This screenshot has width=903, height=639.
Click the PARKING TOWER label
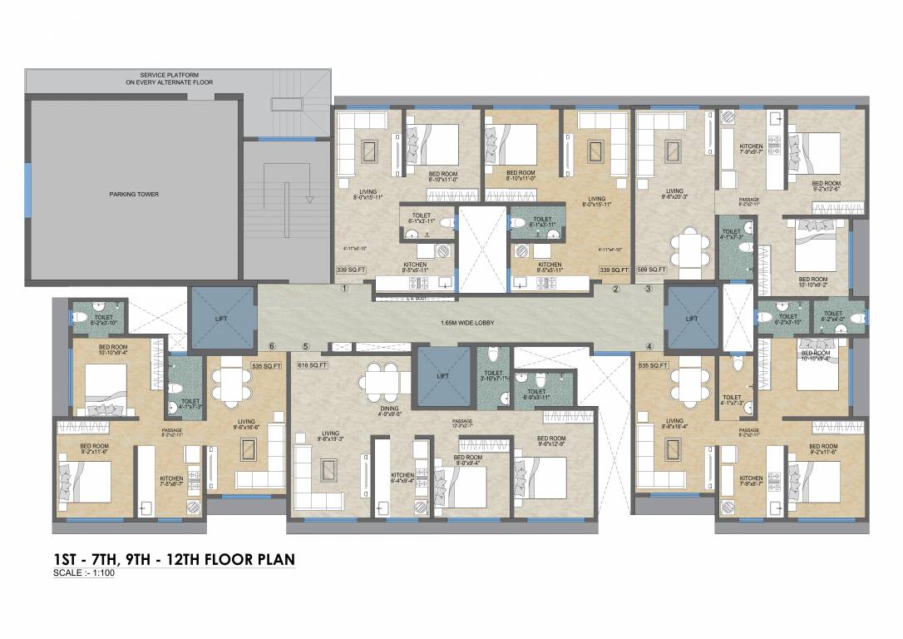[x=133, y=194]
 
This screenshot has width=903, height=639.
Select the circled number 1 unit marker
[x=343, y=290]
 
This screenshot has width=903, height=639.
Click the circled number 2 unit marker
[x=616, y=290]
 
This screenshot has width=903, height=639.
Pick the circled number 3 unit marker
[x=649, y=290]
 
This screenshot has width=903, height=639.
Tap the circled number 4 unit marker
[x=649, y=345]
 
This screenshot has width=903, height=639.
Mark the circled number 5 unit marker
[x=305, y=346]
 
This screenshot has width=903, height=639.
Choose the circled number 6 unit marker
[x=271, y=346]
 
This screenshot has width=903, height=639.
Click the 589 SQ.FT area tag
[x=652, y=270]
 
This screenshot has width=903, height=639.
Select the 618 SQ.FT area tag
[x=312, y=364]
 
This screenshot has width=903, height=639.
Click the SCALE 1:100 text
[x=82, y=574]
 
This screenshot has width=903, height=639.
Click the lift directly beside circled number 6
[x=222, y=317]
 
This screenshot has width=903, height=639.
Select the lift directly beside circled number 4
[x=692, y=317]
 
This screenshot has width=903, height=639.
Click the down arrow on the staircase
[x=308, y=198]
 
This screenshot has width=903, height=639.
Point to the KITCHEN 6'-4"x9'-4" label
[x=402, y=478]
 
